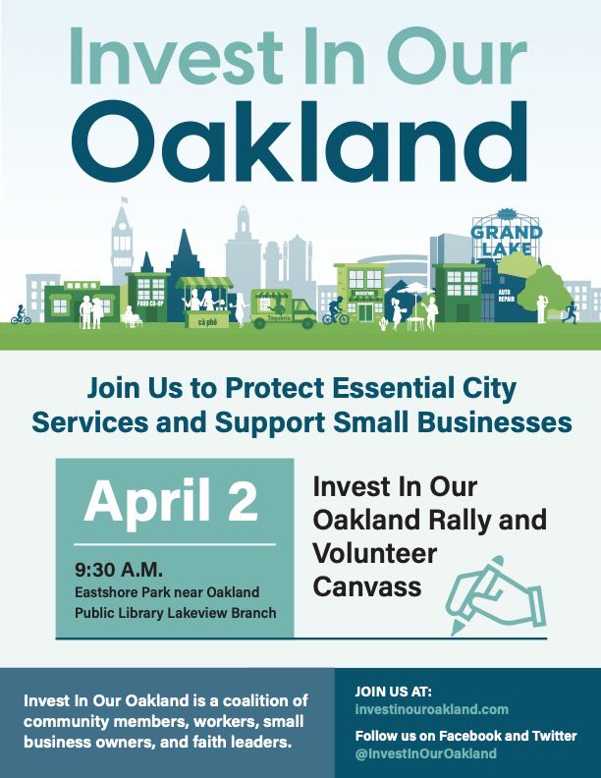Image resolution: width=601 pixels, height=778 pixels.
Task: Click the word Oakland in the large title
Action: click(x=300, y=139)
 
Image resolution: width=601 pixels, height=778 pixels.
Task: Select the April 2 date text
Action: click(x=171, y=501)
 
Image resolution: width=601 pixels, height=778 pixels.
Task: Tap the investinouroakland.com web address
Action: click(x=431, y=708)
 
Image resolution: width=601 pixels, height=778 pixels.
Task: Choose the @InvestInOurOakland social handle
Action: click(x=425, y=753)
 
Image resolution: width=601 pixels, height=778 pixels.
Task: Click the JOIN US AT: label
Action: click(x=393, y=692)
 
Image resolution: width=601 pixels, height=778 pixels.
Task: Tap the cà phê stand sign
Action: click(x=207, y=321)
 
